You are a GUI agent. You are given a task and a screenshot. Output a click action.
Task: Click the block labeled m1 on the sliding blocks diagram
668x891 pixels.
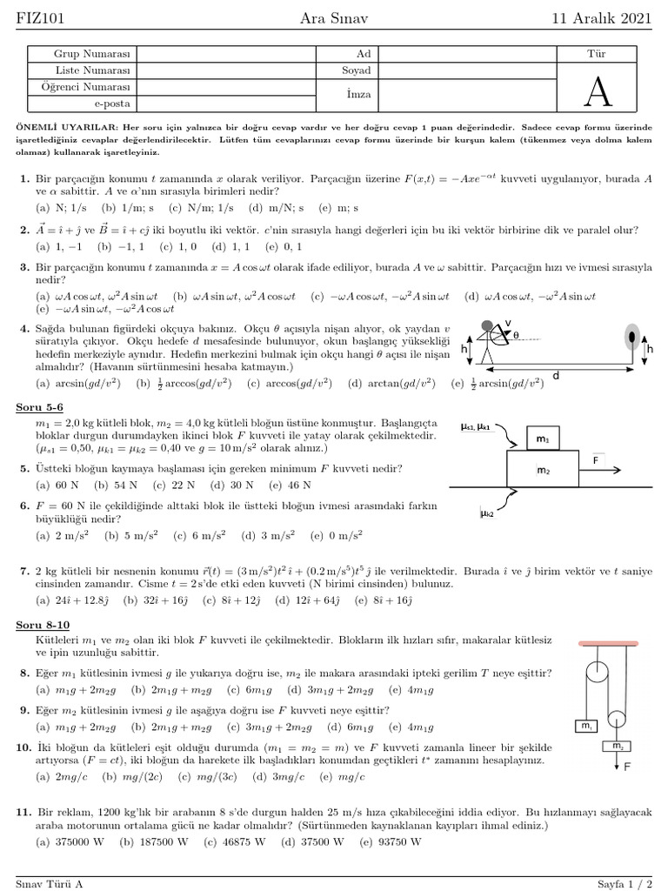point(542,440)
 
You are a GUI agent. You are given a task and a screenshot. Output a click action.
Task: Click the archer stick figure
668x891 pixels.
point(491,345)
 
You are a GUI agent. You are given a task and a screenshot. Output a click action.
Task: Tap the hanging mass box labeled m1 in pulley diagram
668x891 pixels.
point(585,726)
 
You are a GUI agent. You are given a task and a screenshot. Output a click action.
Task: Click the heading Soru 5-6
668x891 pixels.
point(39,407)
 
